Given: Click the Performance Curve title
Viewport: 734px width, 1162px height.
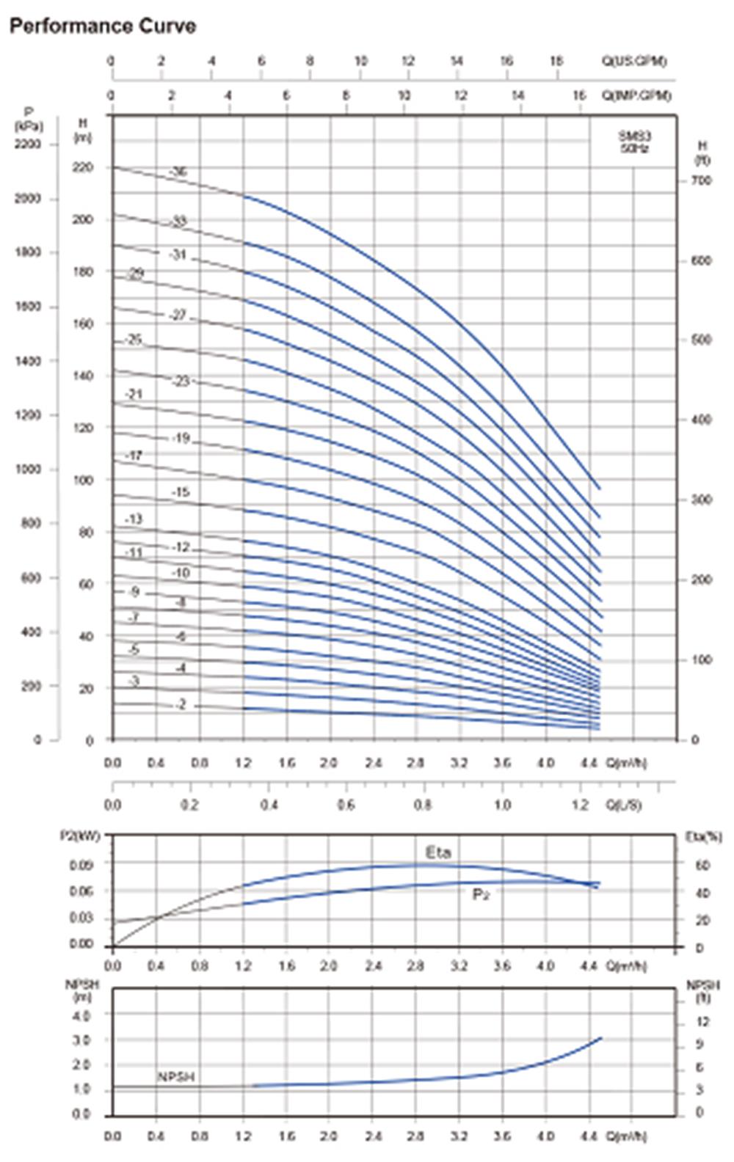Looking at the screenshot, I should click(x=102, y=26).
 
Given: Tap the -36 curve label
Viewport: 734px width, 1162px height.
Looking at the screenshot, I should click(x=178, y=172).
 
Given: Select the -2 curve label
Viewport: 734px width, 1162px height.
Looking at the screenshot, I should click(x=181, y=705).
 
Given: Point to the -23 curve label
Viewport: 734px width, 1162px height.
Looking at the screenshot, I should click(x=180, y=381).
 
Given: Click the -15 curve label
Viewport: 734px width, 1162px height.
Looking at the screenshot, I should click(x=180, y=492).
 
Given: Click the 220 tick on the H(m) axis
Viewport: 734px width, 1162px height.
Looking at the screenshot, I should click(x=83, y=168).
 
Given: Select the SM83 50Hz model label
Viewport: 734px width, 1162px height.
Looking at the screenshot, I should click(x=634, y=142).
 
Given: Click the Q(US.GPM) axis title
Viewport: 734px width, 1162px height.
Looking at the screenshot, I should click(x=636, y=61).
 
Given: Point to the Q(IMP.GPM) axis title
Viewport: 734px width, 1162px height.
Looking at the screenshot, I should click(x=637, y=95).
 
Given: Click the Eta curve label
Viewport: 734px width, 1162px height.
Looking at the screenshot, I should click(x=438, y=852).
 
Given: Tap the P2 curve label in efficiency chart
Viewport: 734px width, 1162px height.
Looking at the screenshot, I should click(x=480, y=894).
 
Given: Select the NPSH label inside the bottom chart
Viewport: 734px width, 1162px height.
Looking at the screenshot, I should click(x=176, y=1077).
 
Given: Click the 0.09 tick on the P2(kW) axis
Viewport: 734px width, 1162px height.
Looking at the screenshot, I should click(x=81, y=865).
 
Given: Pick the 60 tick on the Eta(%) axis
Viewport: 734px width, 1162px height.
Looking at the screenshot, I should click(x=701, y=866).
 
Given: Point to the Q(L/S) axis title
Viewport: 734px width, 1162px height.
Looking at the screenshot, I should click(x=623, y=805).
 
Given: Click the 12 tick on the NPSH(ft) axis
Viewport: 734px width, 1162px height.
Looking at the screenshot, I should click(x=702, y=1022).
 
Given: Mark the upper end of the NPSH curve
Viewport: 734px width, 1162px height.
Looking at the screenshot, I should click(x=601, y=1038).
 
